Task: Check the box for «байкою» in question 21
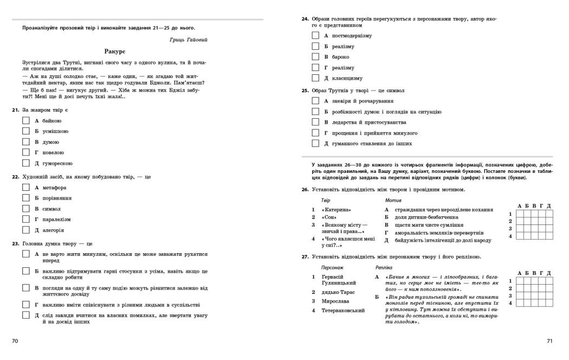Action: pos(26,120)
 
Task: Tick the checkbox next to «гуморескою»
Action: pos(26,163)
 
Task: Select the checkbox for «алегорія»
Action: pos(26,229)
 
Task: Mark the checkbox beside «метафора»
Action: pos(26,187)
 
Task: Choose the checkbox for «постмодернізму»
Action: pos(315,35)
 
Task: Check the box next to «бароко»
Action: pos(315,56)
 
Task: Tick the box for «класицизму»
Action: pos(315,78)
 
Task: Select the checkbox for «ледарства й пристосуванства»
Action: pos(315,122)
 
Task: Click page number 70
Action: pos(15,341)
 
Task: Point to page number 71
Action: pos(549,341)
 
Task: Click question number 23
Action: pos(15,243)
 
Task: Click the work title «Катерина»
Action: pos(336,209)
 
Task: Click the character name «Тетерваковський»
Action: pos(342,310)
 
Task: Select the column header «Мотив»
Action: pos(393,201)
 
